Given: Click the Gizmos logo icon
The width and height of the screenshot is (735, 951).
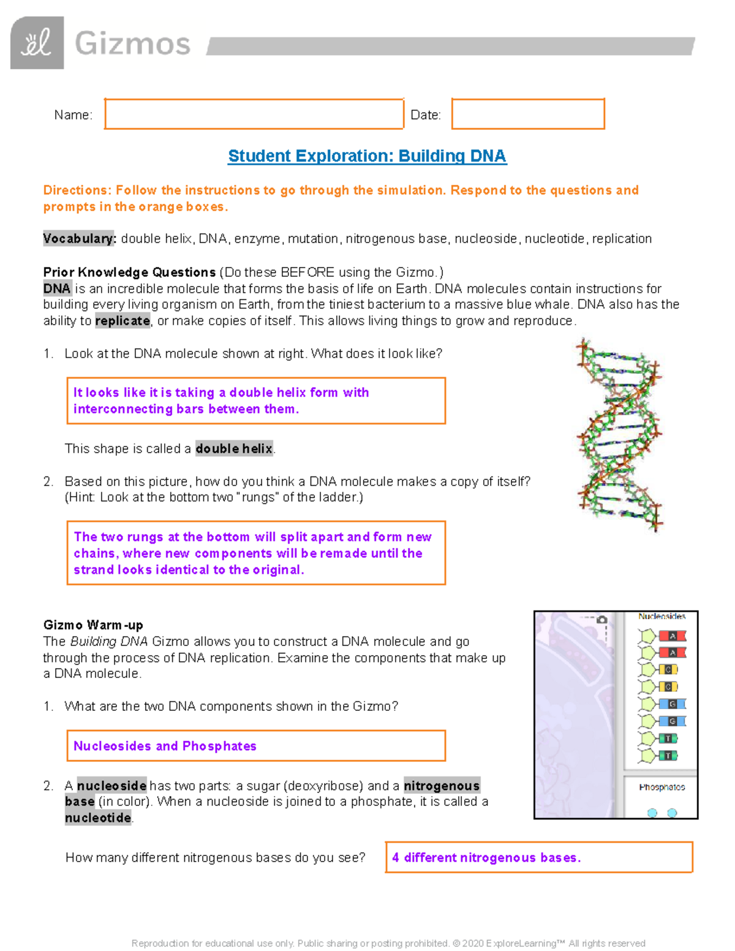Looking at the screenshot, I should click(37, 43).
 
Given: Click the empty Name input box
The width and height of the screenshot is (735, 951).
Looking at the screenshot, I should click(254, 114).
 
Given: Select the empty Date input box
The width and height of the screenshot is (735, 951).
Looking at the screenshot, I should click(528, 114).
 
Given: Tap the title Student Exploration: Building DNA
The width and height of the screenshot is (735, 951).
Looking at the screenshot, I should click(367, 156).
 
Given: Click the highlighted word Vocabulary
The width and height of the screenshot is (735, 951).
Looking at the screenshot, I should click(79, 239).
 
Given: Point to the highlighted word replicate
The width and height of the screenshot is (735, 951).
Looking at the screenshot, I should click(123, 321).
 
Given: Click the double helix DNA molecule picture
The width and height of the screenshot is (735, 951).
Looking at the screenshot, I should click(619, 435).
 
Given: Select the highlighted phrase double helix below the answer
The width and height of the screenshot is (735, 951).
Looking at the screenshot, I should click(234, 449).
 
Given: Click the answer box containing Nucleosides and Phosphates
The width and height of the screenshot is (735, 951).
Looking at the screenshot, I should click(255, 746).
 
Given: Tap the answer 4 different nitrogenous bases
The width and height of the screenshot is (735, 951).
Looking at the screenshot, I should click(538, 857).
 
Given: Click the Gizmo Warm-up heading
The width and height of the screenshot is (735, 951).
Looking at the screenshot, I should click(93, 625).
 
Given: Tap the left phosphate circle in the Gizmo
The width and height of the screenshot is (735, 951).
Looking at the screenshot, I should click(652, 813).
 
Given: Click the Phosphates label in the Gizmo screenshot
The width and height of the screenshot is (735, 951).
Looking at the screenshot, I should click(661, 787).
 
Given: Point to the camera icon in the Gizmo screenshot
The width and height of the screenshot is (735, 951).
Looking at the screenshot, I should click(602, 620).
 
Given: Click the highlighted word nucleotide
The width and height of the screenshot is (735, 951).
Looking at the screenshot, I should click(98, 818).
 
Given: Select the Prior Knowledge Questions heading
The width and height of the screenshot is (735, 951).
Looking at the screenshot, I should click(129, 273).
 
